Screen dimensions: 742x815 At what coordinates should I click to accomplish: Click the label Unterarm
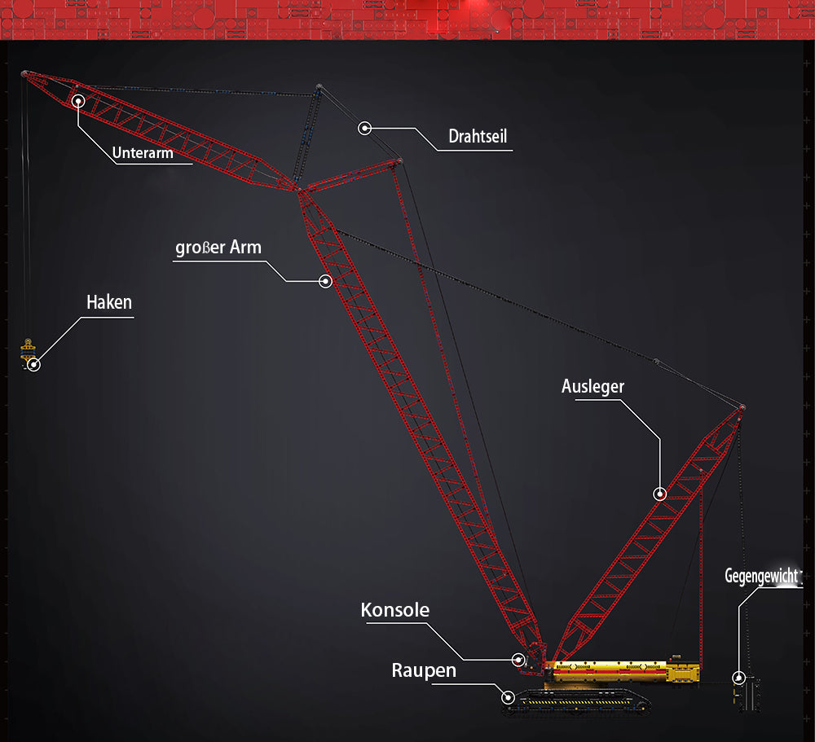pos(143,152)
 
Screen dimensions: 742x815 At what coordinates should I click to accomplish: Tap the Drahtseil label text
pos(478,136)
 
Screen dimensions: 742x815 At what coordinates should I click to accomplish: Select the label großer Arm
pos(218,248)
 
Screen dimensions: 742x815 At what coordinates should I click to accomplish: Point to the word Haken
pos(109,302)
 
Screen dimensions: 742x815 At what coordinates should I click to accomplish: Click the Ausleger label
pos(593,386)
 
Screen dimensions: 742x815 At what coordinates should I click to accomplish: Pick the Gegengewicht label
pos(761,577)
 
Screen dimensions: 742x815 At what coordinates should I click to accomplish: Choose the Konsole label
pos(394,610)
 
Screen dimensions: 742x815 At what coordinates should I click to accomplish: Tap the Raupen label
pos(424,670)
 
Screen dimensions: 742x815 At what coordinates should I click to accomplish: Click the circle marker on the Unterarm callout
pos(78,101)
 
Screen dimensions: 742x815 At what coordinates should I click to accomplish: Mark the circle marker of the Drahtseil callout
pos(364,128)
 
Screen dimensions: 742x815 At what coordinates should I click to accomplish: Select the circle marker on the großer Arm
pos(325,281)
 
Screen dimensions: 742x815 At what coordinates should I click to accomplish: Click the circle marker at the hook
pos(33,364)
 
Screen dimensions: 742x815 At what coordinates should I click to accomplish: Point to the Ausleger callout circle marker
pos(660,494)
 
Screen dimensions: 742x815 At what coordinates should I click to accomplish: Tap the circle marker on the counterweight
pos(738,678)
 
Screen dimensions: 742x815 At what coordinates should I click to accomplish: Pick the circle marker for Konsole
pos(518,658)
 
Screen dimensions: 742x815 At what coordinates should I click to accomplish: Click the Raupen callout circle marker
pos(508,696)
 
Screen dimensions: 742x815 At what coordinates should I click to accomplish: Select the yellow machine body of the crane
pos(623,671)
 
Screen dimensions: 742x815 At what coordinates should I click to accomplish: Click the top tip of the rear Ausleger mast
pos(742,407)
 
